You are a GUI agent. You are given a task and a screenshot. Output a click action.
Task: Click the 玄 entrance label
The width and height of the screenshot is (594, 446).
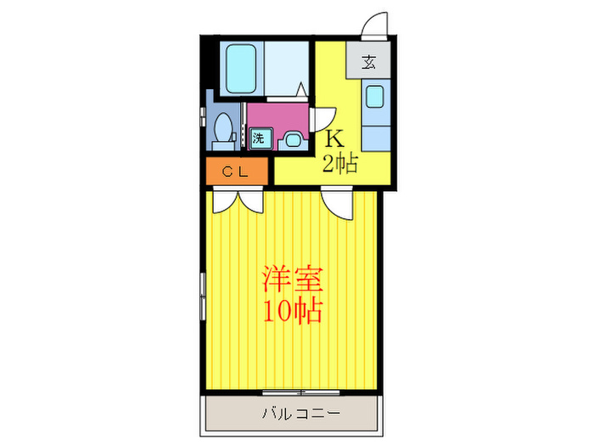coord(369,61)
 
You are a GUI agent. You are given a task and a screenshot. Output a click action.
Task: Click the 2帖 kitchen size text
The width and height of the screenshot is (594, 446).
coord(339,163)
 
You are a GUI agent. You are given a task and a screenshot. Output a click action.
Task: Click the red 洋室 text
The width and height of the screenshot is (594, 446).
coord(292,278)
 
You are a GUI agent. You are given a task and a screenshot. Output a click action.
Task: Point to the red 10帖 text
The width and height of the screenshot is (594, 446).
coord(292,312)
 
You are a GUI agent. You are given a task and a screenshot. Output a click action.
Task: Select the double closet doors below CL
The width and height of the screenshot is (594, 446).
coord(238,199)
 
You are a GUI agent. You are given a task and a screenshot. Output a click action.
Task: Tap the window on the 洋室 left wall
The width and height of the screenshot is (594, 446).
coord(202,297)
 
